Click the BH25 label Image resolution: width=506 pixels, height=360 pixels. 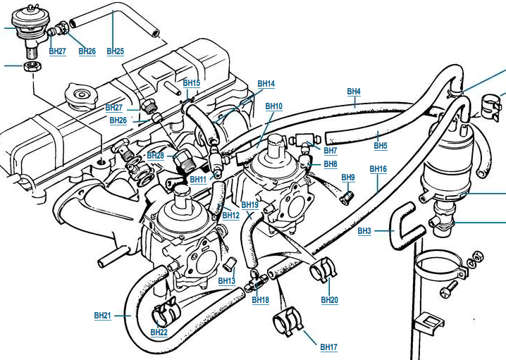(115, 51)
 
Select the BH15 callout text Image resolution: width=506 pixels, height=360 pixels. (192, 82)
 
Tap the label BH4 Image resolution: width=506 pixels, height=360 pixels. (354, 92)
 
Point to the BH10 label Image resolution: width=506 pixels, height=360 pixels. (273, 106)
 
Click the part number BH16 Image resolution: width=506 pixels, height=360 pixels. (378, 168)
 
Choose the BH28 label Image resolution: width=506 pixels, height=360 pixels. (156, 155)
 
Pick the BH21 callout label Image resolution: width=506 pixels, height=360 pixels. (103, 315)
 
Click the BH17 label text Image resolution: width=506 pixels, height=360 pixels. (329, 347)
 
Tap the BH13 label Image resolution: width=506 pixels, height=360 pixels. (226, 280)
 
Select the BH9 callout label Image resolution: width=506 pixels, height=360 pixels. (348, 177)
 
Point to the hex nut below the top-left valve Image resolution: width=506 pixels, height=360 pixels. (32, 67)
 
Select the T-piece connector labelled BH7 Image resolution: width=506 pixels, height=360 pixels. (305, 141)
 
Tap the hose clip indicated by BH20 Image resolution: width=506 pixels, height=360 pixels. (323, 268)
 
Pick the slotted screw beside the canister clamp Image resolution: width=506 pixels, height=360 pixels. (449, 289)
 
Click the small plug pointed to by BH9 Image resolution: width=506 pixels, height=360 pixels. (347, 197)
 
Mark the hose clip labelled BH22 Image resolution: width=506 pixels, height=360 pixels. (165, 311)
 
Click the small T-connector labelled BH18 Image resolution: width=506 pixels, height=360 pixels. (255, 280)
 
